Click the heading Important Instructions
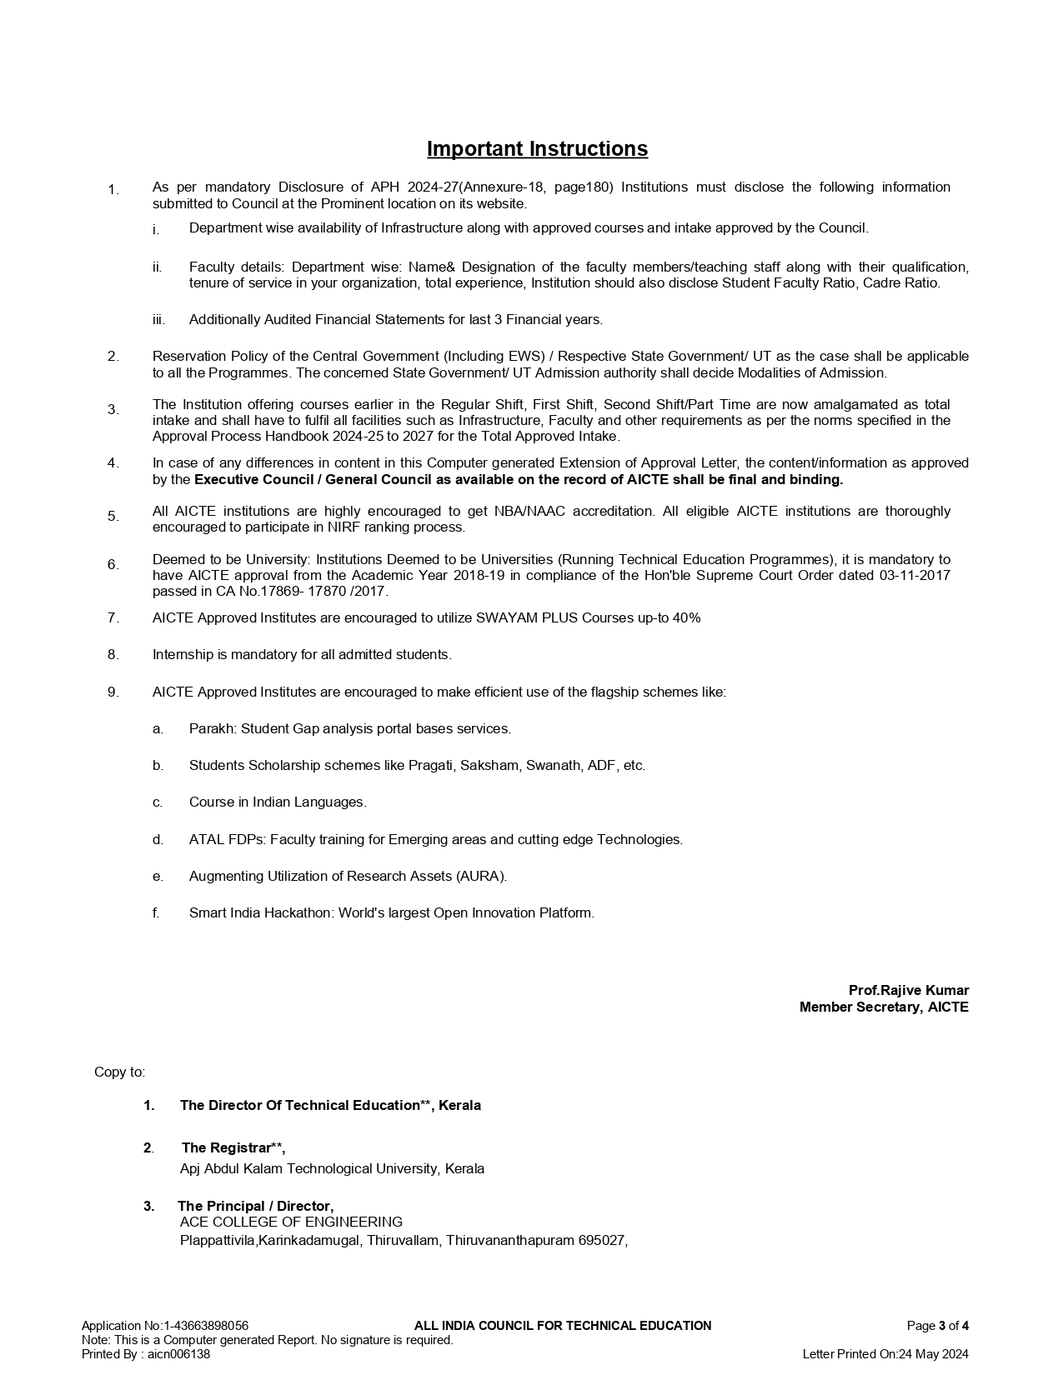(x=537, y=149)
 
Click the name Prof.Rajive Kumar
(x=908, y=990)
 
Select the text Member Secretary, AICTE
(x=884, y=1007)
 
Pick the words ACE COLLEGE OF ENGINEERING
(x=291, y=1222)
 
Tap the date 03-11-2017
(x=915, y=575)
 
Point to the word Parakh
(x=212, y=728)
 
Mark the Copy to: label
(x=119, y=1072)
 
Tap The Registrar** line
(x=233, y=1147)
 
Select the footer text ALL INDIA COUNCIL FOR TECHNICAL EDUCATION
(x=563, y=1326)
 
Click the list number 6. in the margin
(x=113, y=564)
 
